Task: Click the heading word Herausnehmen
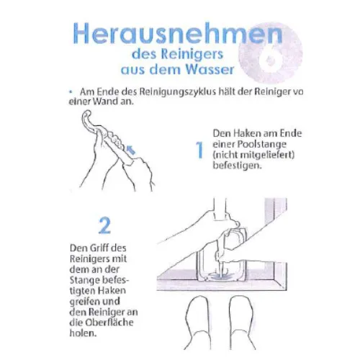(x=178, y=33)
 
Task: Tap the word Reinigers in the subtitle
(x=192, y=55)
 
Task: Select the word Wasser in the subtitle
(x=210, y=69)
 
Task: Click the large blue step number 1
(x=199, y=150)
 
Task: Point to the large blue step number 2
(x=104, y=225)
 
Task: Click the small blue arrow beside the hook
(x=131, y=150)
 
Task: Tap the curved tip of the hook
(x=86, y=114)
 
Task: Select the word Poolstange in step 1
(x=262, y=145)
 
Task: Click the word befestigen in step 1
(x=236, y=166)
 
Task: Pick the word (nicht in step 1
(x=225, y=155)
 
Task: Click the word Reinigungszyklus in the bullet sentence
(x=178, y=92)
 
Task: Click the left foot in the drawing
(x=198, y=322)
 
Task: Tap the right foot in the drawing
(x=240, y=322)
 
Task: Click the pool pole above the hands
(x=220, y=207)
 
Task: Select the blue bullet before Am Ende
(x=71, y=91)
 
